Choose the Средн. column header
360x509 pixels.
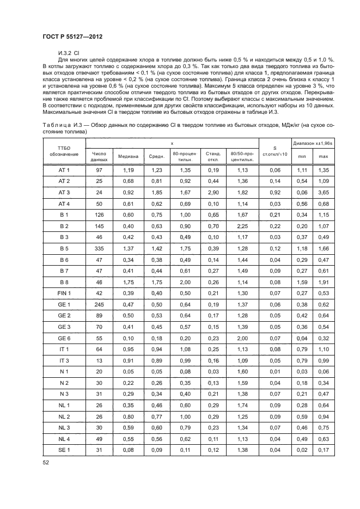tap(157, 157)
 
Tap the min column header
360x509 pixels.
tap(301, 157)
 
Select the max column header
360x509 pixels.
tap(324, 157)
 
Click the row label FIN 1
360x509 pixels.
tap(64, 293)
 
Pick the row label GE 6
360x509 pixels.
tap(64, 339)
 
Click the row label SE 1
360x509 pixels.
tap(64, 451)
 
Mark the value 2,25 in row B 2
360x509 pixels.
tap(243, 226)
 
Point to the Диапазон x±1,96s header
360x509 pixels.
tap(312, 143)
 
